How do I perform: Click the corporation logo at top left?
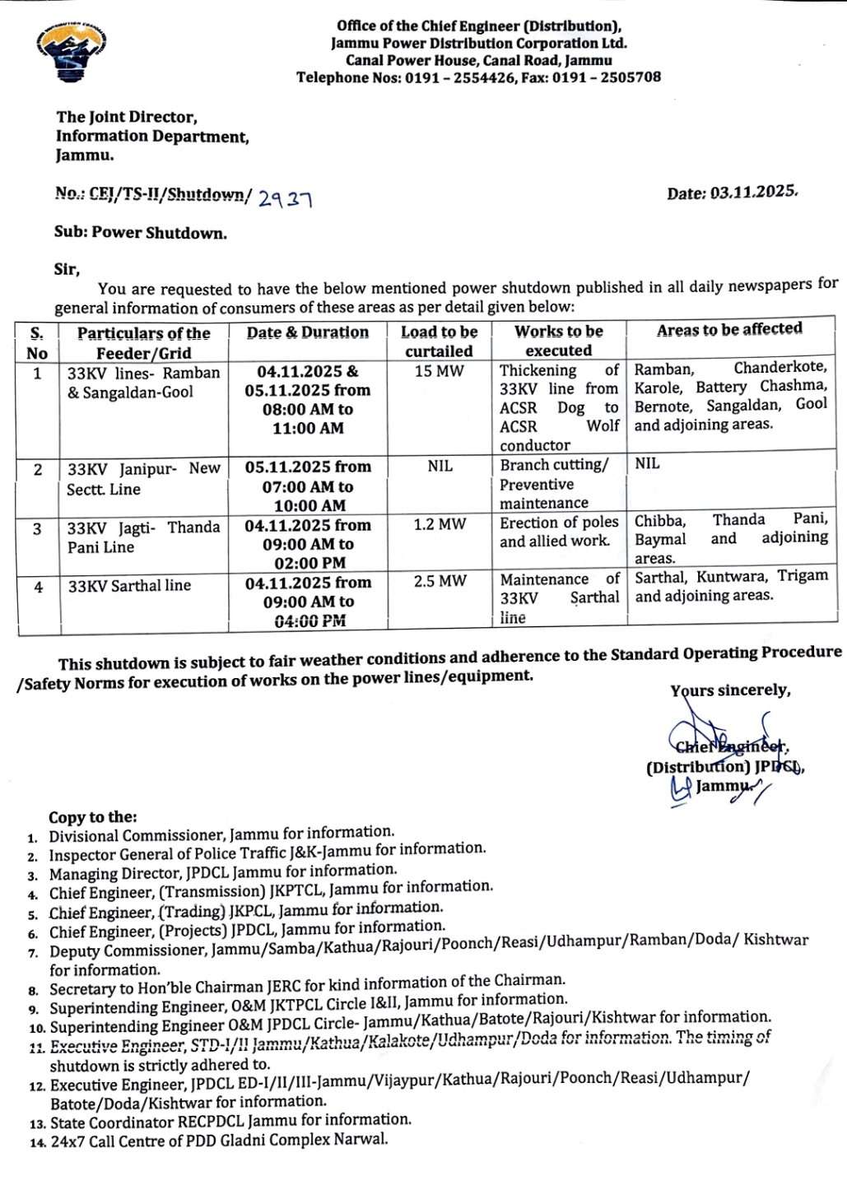click(72, 51)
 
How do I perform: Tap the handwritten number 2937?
click(285, 197)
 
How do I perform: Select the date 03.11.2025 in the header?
click(753, 193)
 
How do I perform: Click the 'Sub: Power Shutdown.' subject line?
click(141, 233)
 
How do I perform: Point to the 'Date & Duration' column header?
click(308, 332)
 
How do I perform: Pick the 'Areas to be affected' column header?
click(729, 329)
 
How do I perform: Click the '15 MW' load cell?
click(440, 371)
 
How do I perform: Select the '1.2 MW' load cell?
click(440, 524)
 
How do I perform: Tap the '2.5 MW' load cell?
click(440, 581)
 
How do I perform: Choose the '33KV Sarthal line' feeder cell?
click(129, 586)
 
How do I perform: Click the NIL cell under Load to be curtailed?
click(440, 466)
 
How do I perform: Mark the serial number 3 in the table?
click(37, 528)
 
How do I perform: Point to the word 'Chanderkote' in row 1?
click(780, 368)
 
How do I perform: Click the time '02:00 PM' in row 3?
click(309, 563)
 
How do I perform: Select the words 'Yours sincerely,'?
click(730, 690)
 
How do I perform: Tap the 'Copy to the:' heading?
click(93, 817)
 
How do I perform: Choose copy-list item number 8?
click(306, 985)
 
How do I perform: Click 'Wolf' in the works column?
click(603, 426)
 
